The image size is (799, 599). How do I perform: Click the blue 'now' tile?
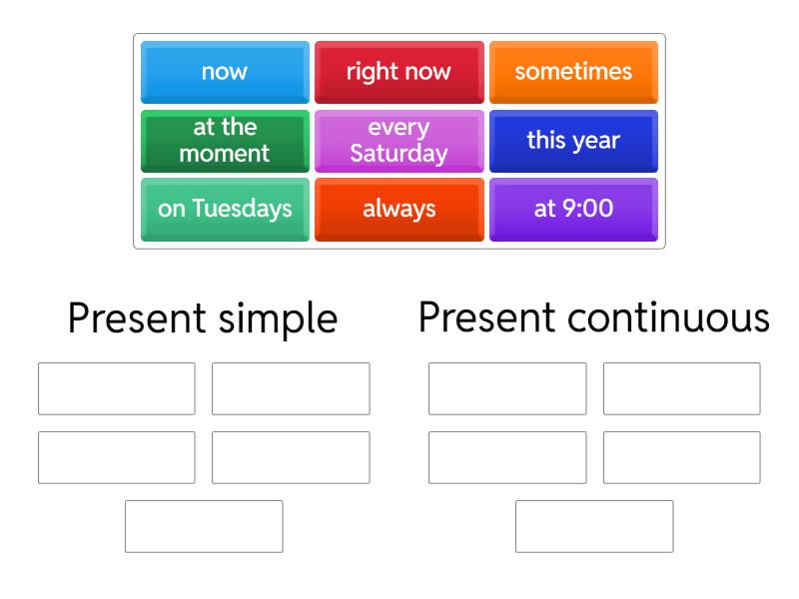tap(225, 72)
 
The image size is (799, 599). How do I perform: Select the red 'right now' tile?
tap(399, 72)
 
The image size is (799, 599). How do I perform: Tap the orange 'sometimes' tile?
tap(573, 72)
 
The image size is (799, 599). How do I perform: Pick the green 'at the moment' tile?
tap(225, 141)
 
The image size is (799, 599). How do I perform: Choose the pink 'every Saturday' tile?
tap(399, 141)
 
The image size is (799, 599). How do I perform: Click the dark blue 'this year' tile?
tap(573, 141)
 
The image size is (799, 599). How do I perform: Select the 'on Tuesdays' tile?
tap(225, 209)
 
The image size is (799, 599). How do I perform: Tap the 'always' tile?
tap(399, 209)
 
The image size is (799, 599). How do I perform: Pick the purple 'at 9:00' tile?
tap(573, 209)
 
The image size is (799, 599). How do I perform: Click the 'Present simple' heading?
tap(203, 318)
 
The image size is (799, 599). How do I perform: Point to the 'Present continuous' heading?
tap(594, 318)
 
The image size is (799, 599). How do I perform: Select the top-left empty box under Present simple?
tap(117, 388)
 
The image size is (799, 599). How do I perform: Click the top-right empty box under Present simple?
tap(291, 388)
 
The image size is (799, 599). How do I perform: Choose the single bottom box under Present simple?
tap(204, 526)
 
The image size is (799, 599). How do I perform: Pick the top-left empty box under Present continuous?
tap(507, 388)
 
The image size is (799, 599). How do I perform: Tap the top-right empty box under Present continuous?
tap(681, 388)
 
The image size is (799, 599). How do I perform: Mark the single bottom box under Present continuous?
tap(594, 526)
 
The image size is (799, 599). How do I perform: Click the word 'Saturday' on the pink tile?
tap(399, 154)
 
